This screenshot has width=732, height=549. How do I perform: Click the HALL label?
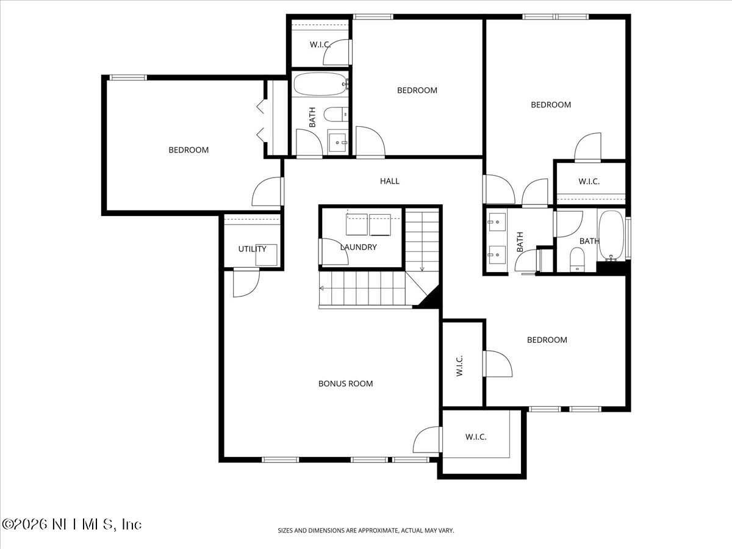click(x=390, y=181)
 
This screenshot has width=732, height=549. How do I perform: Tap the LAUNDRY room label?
click(x=359, y=247)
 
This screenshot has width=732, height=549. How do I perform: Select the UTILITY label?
click(x=252, y=249)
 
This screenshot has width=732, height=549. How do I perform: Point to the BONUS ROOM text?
click(x=345, y=384)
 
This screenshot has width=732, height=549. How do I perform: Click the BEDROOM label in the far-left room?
click(x=188, y=150)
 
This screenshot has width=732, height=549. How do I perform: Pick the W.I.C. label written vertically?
click(x=460, y=365)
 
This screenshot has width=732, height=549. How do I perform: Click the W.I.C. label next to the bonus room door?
click(x=476, y=437)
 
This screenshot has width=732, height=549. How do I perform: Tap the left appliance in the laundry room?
click(x=357, y=224)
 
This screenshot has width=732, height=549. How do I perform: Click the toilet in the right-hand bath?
click(x=576, y=260)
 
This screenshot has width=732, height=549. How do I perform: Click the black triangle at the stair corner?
click(x=429, y=298)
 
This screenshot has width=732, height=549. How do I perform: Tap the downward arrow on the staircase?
click(x=422, y=267)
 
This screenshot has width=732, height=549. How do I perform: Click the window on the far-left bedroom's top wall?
click(x=128, y=77)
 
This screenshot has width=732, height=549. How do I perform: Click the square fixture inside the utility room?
click(x=267, y=255)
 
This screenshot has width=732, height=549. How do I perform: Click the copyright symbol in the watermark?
click(x=9, y=525)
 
